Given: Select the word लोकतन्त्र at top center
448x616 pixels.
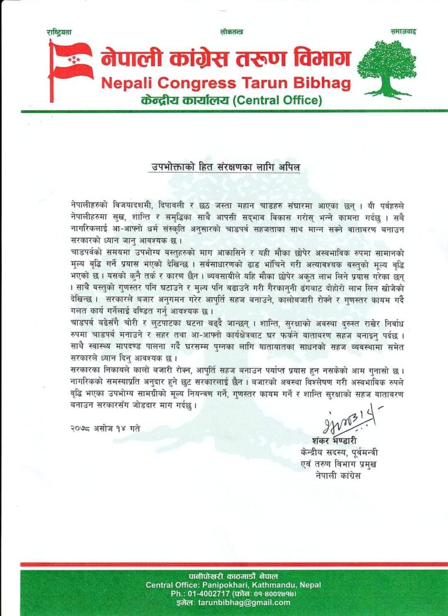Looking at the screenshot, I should (232, 31).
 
